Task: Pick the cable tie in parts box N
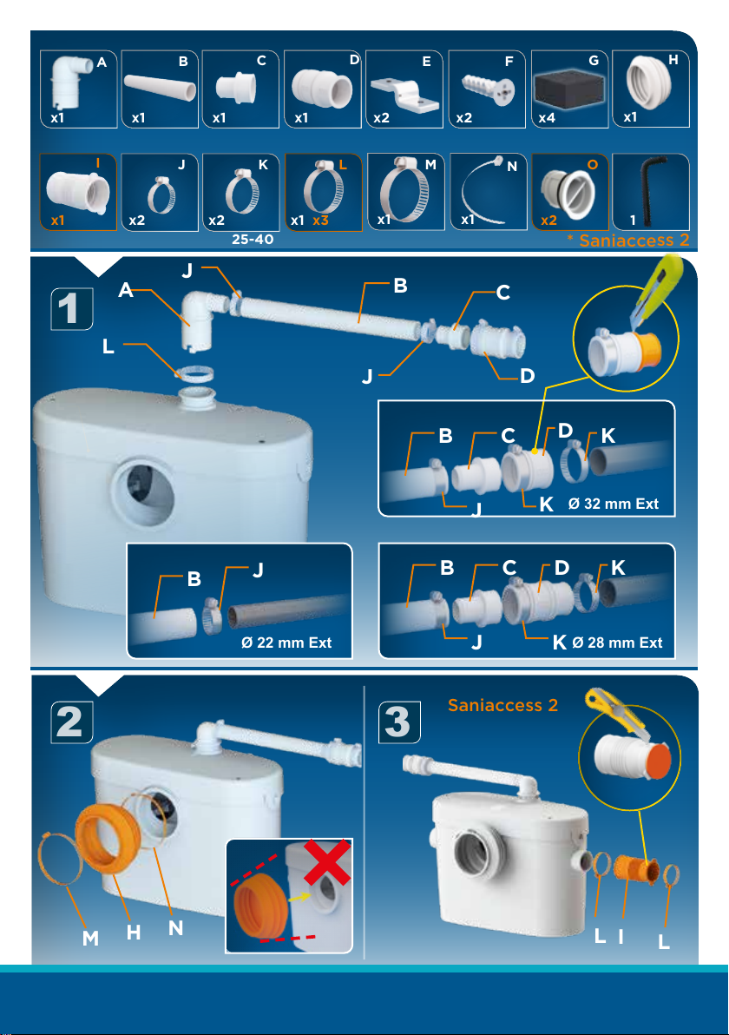pos(483,191)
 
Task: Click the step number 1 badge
pos(71,308)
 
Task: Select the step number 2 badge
pos(71,722)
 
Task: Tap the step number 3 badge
pos(398,722)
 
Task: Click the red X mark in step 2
pos(327,861)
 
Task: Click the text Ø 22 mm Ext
pos(286,643)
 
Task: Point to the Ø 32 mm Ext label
pos(613,504)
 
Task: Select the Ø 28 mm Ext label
pos(618,643)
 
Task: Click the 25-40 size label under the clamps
pos(252,239)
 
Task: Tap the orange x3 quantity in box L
pos(320,220)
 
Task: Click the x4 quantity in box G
pos(547,117)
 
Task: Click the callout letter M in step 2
pos(90,937)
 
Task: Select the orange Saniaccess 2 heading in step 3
pos(502,706)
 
